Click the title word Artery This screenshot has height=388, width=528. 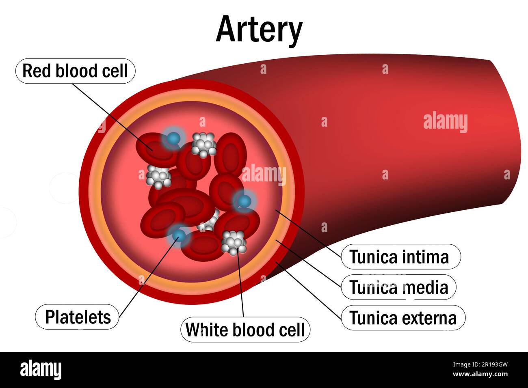259,29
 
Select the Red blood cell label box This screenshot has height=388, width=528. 75,71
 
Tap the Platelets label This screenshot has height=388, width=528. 78,317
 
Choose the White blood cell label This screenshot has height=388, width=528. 245,330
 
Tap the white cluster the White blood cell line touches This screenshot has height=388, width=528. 234,242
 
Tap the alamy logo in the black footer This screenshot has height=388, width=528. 41,370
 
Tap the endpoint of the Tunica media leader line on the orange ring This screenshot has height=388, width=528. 277,240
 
